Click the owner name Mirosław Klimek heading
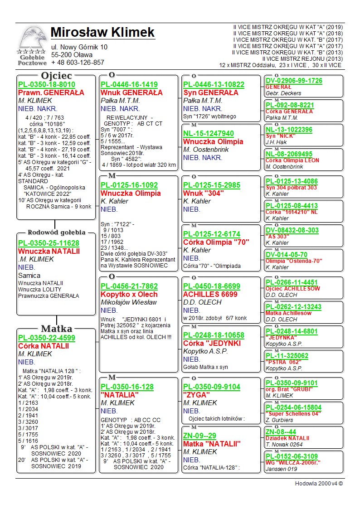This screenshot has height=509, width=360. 102,33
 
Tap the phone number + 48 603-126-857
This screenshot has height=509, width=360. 78,63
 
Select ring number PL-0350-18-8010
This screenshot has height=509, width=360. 47,85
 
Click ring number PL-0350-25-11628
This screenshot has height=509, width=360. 49,243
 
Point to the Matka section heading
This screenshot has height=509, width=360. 57,329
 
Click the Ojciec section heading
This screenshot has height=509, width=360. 57,75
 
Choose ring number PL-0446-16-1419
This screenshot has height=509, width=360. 129,85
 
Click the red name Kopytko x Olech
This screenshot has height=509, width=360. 129,294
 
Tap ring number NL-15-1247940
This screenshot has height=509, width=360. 209,133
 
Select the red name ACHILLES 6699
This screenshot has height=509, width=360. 210,294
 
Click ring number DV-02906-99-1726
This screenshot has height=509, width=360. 294,81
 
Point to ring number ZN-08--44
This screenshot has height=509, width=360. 281,431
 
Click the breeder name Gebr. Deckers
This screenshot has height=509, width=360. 282,93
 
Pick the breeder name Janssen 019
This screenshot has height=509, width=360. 281,469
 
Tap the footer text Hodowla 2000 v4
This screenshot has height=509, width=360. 319,484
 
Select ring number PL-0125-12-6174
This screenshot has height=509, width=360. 212,234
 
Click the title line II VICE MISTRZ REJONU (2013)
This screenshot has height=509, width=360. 302,58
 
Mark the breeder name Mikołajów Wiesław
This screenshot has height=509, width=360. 129,302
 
